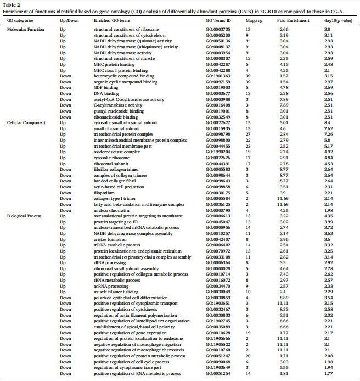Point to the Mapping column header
253,20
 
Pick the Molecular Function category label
25,29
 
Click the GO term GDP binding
106,87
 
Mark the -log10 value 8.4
327,122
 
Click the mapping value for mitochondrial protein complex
248,134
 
